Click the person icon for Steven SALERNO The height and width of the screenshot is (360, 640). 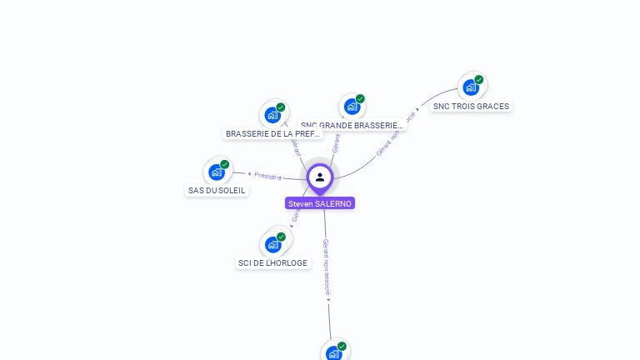(x=320, y=177)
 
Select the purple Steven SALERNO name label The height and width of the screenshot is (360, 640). (x=320, y=203)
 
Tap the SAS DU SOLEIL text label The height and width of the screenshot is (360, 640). (x=217, y=190)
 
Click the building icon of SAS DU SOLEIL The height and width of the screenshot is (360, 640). (x=217, y=172)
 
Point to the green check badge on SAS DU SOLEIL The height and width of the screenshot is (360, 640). (x=225, y=164)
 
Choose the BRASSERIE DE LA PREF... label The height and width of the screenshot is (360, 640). (x=272, y=133)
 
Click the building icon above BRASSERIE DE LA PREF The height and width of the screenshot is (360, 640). (x=272, y=115)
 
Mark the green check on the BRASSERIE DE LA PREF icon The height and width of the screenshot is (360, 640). (x=281, y=107)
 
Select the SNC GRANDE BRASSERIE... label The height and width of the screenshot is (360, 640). (x=352, y=126)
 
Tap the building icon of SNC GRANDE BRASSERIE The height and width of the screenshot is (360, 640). (x=352, y=106)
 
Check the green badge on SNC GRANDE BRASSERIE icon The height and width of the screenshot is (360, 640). (x=360, y=98)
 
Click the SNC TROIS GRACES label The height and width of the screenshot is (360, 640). (x=471, y=106)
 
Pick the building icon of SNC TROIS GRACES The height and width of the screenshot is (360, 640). (x=471, y=87)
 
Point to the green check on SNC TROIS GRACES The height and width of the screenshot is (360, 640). (x=479, y=79)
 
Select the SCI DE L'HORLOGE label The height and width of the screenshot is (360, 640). (x=272, y=262)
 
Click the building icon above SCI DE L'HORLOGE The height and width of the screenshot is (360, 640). (x=272, y=244)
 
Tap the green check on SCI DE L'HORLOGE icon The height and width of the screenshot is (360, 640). (x=281, y=237)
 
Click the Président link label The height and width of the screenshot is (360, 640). (x=268, y=176)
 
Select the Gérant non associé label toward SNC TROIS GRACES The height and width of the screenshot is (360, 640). (x=396, y=133)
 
